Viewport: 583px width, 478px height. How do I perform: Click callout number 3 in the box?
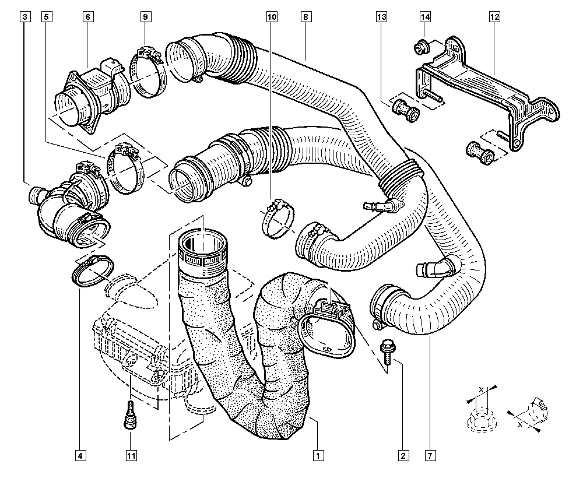coord(24,17)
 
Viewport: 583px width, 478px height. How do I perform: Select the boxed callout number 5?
coord(46,17)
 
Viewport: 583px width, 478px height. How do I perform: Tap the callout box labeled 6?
coord(87,17)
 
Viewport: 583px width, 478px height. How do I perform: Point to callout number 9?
coord(145,17)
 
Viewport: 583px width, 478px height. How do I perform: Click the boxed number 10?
coord(272,17)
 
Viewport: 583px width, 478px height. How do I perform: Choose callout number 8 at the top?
coord(305,17)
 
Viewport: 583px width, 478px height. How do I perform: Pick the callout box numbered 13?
coord(381,17)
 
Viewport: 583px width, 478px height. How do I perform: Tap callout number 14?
coord(426,17)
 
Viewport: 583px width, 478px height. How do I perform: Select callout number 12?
coord(494,17)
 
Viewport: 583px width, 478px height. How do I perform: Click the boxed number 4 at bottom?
coord(80,455)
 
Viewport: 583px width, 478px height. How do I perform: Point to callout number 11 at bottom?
coord(131,455)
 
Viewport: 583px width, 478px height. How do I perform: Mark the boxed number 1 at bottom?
coord(318,455)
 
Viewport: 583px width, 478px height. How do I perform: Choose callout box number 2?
coord(403,455)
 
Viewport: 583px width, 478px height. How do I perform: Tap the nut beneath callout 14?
coord(422,47)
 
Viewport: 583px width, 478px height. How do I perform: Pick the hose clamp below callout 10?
coord(278,219)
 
